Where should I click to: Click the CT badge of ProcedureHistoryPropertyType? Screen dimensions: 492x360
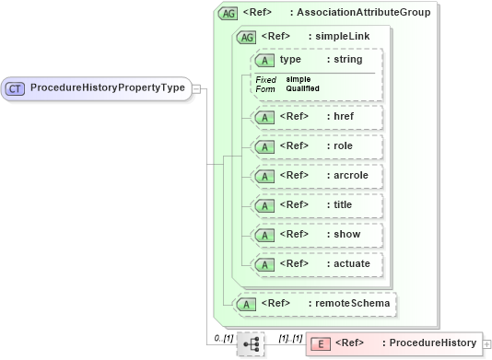click(16, 88)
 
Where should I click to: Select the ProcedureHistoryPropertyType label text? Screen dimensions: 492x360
click(108, 88)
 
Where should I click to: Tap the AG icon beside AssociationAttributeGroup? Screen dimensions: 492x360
click(227, 13)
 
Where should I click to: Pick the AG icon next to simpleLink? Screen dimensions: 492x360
click(247, 37)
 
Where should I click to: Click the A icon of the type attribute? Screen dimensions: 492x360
click(265, 60)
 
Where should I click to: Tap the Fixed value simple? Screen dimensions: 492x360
click(297, 80)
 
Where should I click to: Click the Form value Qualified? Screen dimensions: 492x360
click(302, 88)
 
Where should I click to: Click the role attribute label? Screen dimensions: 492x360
click(343, 146)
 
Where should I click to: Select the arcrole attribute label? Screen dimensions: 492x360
click(350, 176)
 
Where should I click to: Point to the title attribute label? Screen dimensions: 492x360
click(343, 205)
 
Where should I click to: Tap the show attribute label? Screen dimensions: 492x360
click(346, 235)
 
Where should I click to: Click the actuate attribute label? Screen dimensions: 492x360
click(352, 264)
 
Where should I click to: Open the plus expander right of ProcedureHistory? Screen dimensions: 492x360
click(486, 343)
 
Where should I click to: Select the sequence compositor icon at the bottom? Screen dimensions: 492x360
click(250, 344)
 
